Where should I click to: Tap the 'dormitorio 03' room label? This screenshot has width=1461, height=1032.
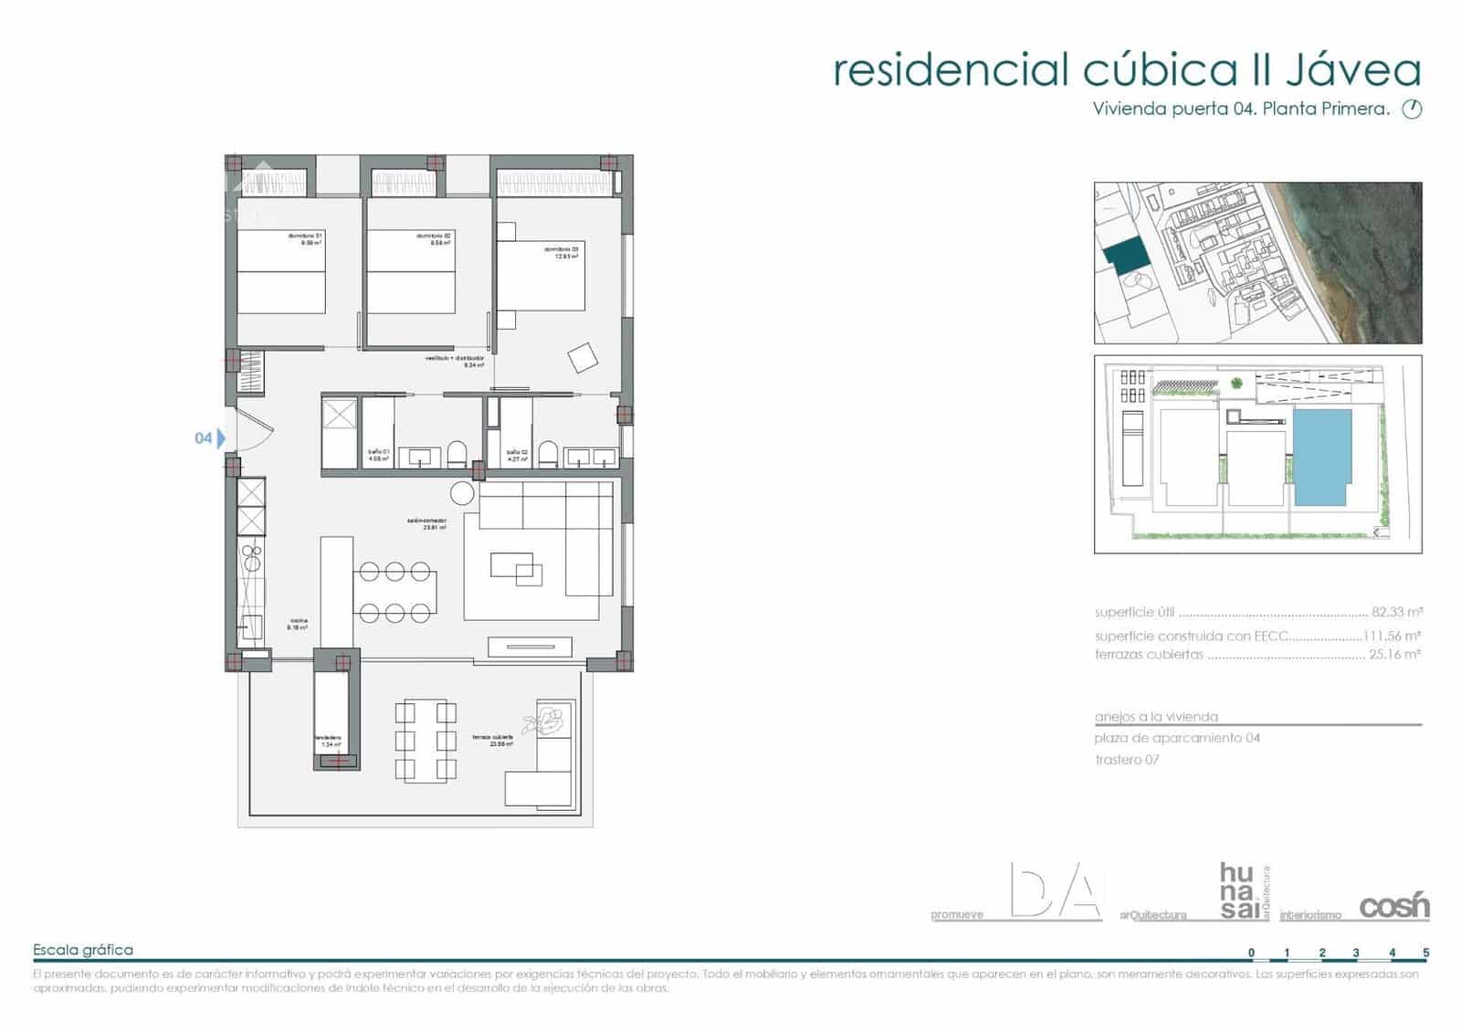[x=562, y=249]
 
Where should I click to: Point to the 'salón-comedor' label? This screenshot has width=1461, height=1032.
[x=426, y=521]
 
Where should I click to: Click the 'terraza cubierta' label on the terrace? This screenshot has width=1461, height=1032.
[x=492, y=737]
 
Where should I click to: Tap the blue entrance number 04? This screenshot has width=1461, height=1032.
[x=204, y=438]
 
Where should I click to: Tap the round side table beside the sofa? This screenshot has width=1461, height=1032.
[x=463, y=494]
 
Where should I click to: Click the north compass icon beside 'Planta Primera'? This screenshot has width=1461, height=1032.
[x=1412, y=110]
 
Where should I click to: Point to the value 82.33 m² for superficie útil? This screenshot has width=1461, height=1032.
[x=1396, y=613]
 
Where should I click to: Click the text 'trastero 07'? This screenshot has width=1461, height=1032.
[x=1127, y=760]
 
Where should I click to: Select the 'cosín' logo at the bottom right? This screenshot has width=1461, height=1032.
[x=1394, y=906]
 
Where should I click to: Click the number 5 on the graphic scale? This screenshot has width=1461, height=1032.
[x=1425, y=953]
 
